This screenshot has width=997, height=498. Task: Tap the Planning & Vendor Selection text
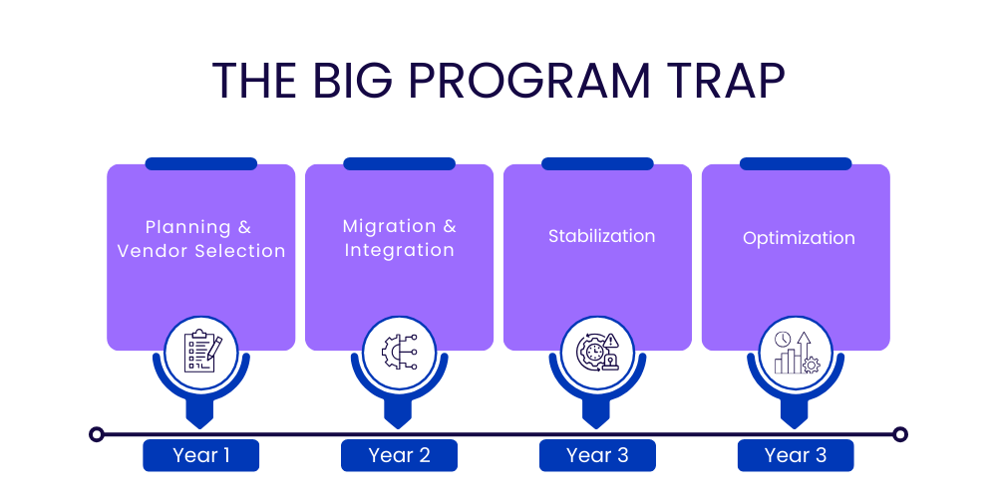[200, 239]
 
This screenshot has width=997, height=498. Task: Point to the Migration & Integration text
[399, 238]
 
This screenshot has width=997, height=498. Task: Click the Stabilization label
[601, 236]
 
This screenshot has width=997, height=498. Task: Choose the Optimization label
[799, 238]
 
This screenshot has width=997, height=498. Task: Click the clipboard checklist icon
[201, 352]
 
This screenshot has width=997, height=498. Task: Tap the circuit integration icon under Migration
[399, 352]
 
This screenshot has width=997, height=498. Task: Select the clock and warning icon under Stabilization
[597, 352]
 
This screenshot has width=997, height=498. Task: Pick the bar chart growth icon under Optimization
[796, 352]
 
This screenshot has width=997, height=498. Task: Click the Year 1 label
[200, 455]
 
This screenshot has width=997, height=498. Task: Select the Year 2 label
[399, 455]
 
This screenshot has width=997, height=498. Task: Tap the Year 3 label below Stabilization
[597, 455]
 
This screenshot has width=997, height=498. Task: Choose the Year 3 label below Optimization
[796, 455]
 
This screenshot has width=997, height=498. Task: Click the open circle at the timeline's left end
[97, 434]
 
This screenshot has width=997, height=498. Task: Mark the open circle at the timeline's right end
[900, 434]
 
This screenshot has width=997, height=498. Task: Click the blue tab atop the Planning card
[200, 163]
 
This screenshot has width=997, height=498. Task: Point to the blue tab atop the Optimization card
[796, 163]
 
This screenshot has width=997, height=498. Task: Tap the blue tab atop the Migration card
[399, 163]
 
